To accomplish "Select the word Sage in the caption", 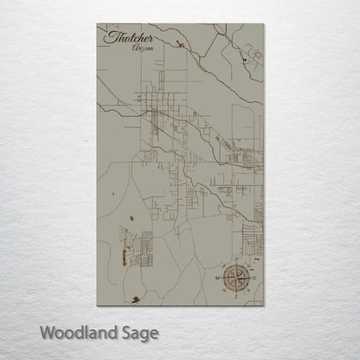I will tap(137, 332).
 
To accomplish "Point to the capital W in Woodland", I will tap(48, 331).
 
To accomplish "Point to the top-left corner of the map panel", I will tap(97, 24).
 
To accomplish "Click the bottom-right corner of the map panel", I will tap(264, 305).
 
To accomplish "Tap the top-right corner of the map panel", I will tap(264, 24).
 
